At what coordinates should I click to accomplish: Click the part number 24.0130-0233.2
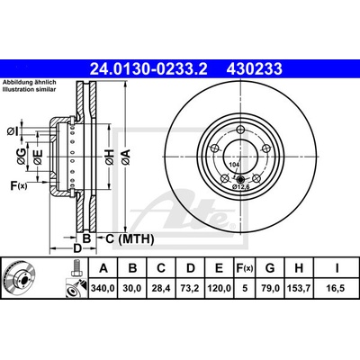[148, 68]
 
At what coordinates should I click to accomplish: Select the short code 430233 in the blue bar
[255, 68]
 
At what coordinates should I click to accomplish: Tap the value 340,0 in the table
[103, 288]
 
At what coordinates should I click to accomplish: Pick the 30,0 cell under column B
[132, 288]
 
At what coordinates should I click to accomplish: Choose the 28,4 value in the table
[161, 288]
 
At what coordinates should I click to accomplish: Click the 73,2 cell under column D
[191, 288]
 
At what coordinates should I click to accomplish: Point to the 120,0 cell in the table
[220, 288]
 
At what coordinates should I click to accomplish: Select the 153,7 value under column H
[299, 288]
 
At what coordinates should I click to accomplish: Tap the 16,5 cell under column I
[337, 288]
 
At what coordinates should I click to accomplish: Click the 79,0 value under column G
[270, 288]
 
